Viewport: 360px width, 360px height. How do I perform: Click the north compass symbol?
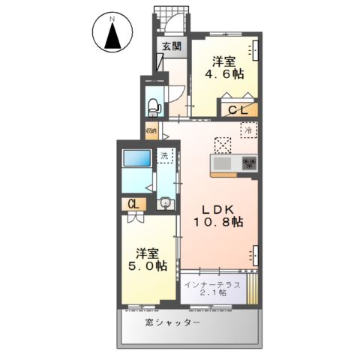[x=114, y=33]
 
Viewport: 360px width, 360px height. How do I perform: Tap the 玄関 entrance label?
[x=172, y=46]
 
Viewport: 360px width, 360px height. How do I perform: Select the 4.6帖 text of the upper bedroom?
[x=226, y=74]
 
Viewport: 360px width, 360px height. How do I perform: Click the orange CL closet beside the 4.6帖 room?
[x=238, y=109]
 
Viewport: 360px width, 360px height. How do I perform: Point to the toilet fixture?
[x=154, y=104]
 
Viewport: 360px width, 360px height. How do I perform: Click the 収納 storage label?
[x=151, y=132]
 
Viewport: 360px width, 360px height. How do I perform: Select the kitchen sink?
[x=223, y=163]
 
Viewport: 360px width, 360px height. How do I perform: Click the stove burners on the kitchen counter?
[x=247, y=163]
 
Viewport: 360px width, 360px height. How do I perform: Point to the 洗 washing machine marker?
[x=165, y=156]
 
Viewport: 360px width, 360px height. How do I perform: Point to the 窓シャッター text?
[x=172, y=322]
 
